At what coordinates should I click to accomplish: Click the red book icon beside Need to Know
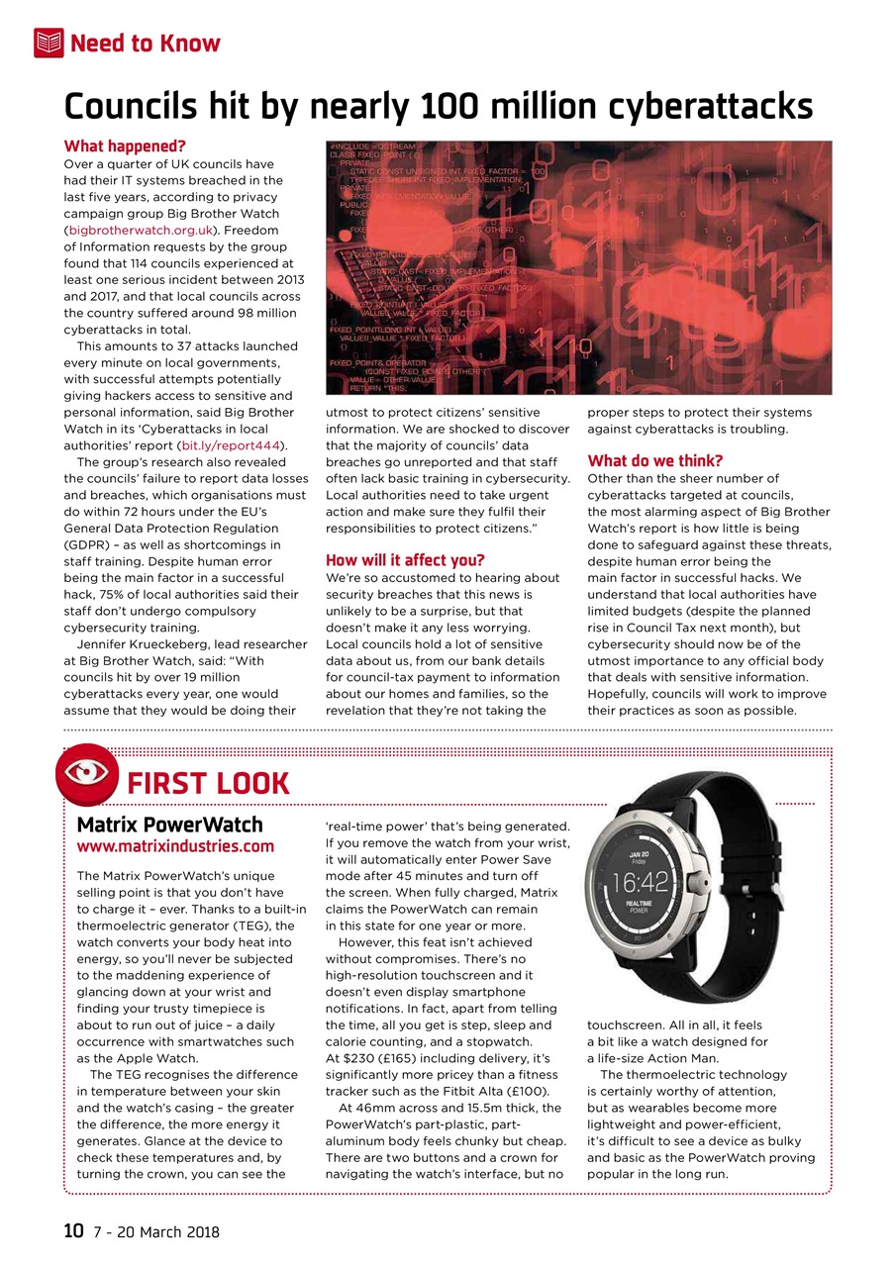(49, 43)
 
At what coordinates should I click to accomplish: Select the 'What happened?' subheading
(125, 146)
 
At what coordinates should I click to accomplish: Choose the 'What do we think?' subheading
(655, 460)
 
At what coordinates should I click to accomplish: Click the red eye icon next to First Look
(88, 774)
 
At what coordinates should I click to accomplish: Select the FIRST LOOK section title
(209, 784)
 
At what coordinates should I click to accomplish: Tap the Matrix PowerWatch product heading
(170, 825)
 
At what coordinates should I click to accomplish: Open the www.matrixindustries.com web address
(175, 846)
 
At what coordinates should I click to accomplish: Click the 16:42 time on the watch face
(641, 881)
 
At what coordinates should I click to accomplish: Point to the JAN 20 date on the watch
(640, 853)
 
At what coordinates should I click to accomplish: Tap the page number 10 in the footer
(73, 1231)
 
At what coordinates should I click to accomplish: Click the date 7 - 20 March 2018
(156, 1232)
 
